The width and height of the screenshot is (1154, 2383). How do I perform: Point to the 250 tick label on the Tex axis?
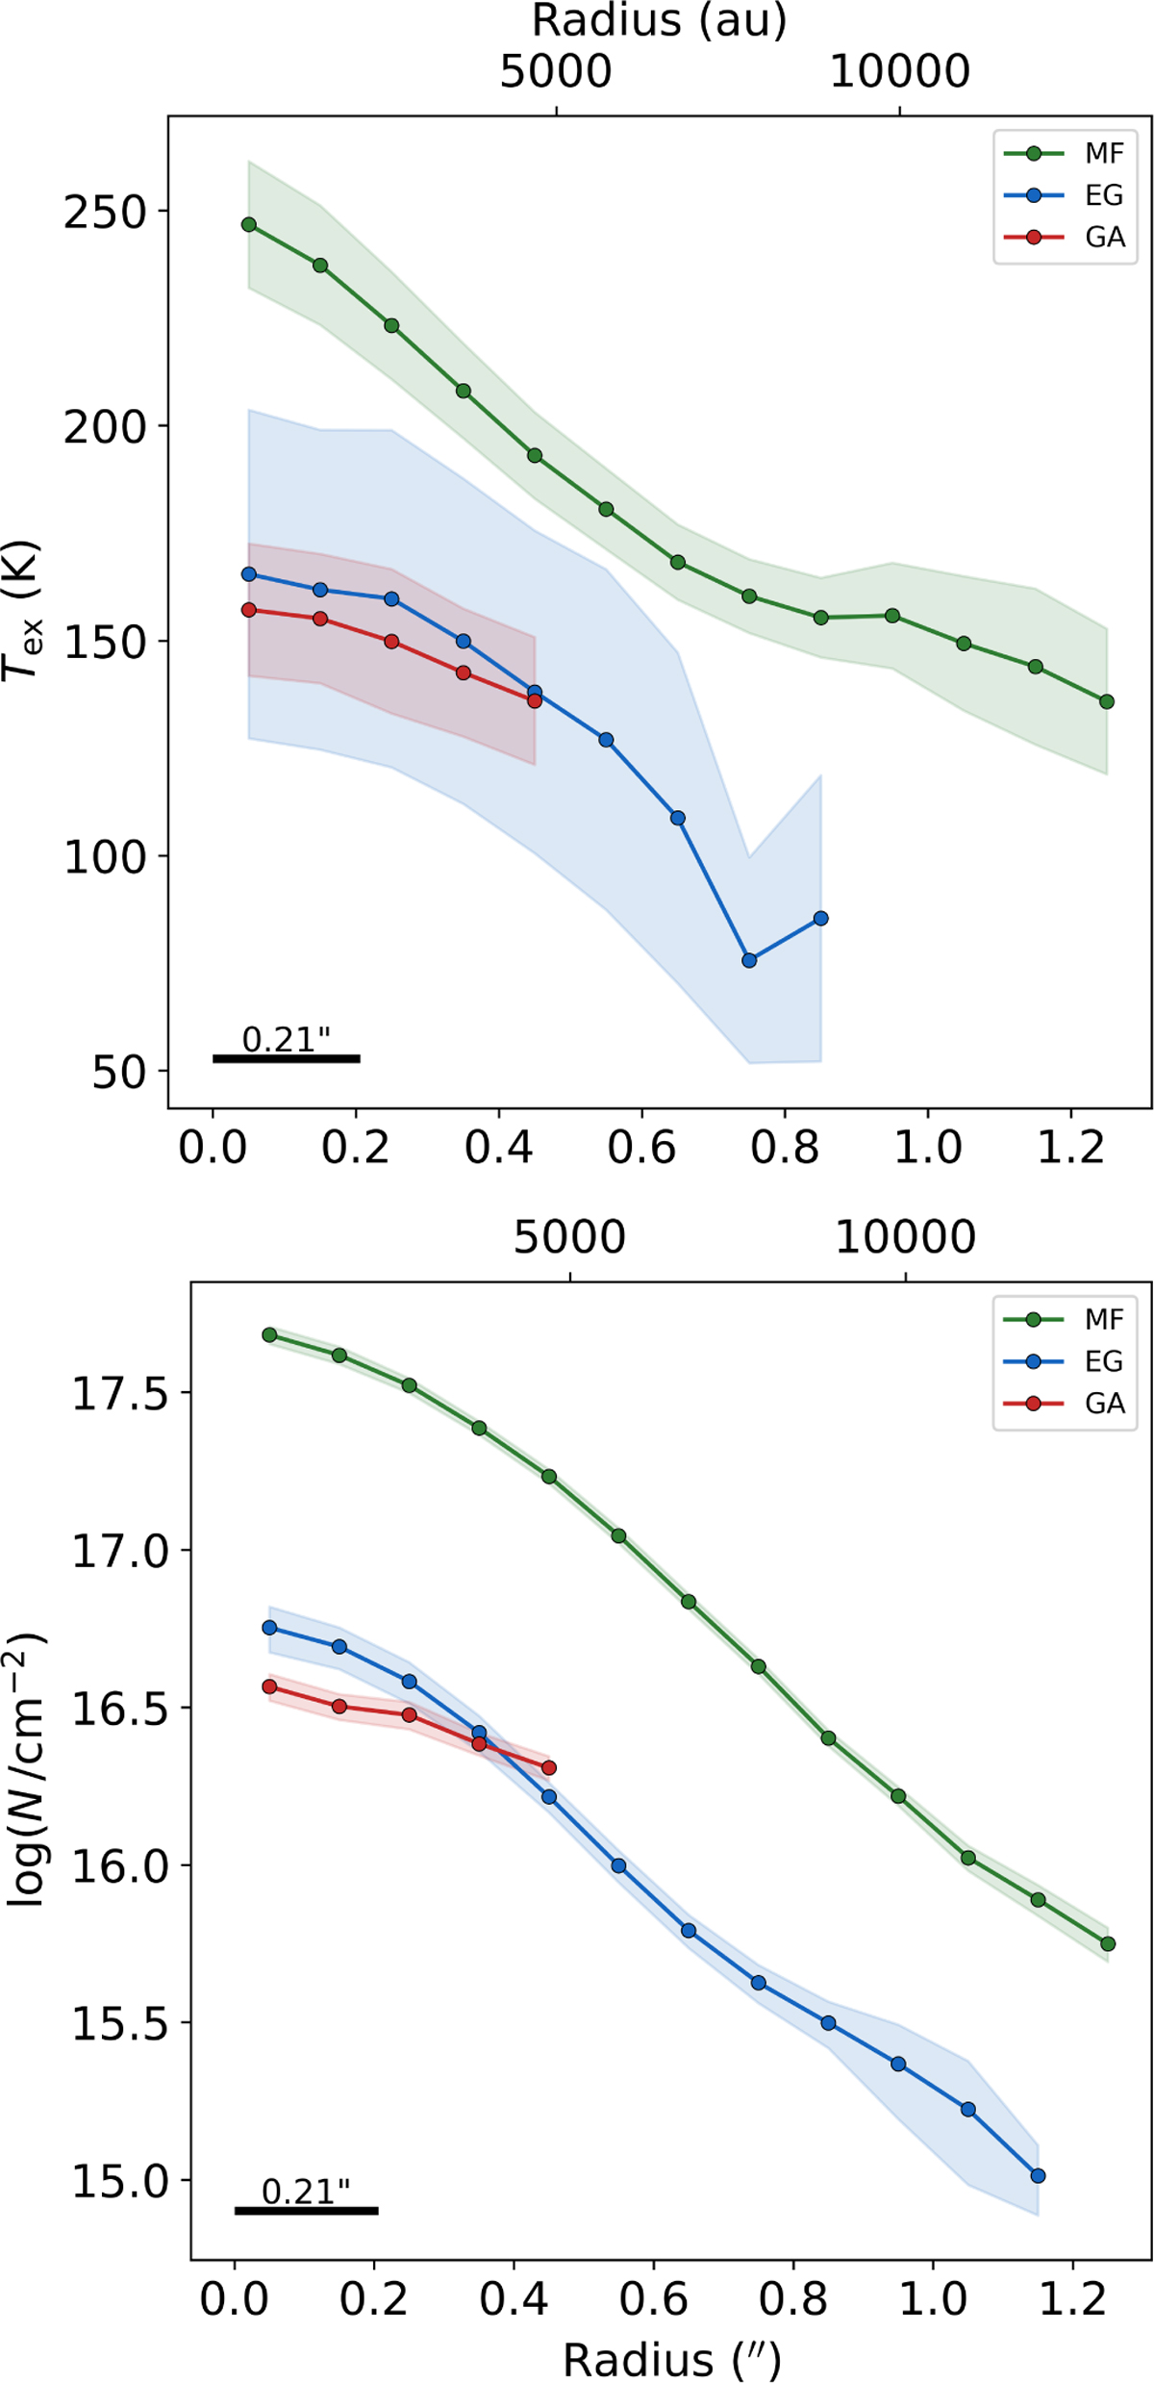[x=104, y=213]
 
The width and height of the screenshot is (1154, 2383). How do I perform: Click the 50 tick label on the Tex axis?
[x=118, y=1072]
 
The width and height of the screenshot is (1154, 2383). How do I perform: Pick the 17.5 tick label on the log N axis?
[x=118, y=1394]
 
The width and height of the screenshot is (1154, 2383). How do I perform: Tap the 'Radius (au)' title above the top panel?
[x=660, y=20]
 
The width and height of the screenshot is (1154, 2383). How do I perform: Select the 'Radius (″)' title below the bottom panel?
[x=671, y=2358]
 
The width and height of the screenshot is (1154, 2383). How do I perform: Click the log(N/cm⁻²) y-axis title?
[x=27, y=1768]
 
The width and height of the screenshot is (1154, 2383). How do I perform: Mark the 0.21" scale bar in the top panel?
[x=287, y=1058]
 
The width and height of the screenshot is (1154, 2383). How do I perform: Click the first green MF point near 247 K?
[x=249, y=224]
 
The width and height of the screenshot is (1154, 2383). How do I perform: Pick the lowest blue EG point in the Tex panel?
[x=749, y=960]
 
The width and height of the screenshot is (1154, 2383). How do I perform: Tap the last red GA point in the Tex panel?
[x=535, y=700]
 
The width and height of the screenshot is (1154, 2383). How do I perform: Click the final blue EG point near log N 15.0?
[x=1038, y=2175]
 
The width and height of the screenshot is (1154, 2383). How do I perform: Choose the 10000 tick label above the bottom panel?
[x=905, y=1237]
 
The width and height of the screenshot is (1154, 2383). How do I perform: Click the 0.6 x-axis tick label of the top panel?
[x=641, y=1148]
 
